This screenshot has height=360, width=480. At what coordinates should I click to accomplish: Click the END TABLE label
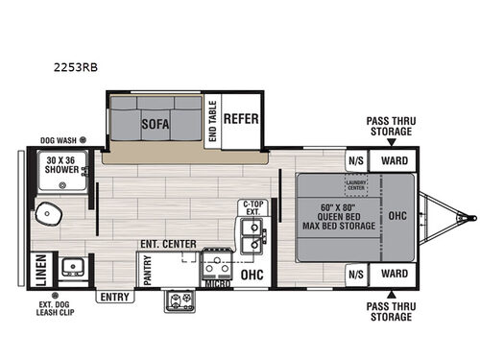pos(213,122)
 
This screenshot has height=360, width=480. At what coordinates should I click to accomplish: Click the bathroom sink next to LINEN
pos(71,268)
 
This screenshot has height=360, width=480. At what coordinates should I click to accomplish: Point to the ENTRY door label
pos(112,297)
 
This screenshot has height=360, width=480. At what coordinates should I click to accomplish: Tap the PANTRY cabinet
pos(148,270)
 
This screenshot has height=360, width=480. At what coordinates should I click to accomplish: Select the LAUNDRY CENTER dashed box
pos(357,184)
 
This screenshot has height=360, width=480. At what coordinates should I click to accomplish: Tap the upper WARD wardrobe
pos(394,160)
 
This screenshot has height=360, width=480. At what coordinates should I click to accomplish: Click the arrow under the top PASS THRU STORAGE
pos(394,142)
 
